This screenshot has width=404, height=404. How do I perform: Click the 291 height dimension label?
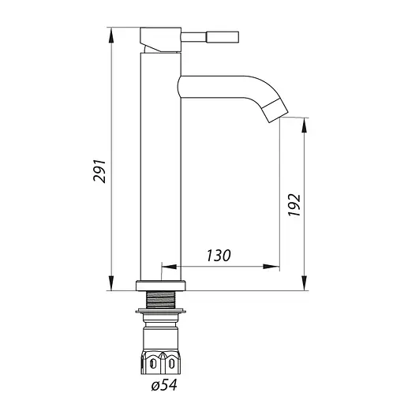click(x=99, y=170)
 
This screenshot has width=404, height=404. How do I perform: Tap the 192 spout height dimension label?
click(x=294, y=205)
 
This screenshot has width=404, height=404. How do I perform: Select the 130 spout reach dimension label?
click(x=219, y=256)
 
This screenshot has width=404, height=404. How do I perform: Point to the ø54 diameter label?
click(x=164, y=385)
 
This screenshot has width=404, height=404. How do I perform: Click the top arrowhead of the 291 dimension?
click(x=111, y=35)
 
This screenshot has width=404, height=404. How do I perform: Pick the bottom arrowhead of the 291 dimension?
click(x=111, y=283)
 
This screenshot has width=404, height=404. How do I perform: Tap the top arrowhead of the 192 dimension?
click(x=305, y=125)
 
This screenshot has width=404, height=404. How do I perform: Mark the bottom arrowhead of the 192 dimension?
click(x=305, y=283)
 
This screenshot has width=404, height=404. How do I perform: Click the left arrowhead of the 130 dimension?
click(x=169, y=267)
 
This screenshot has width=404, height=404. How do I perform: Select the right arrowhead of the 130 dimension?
click(x=271, y=267)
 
